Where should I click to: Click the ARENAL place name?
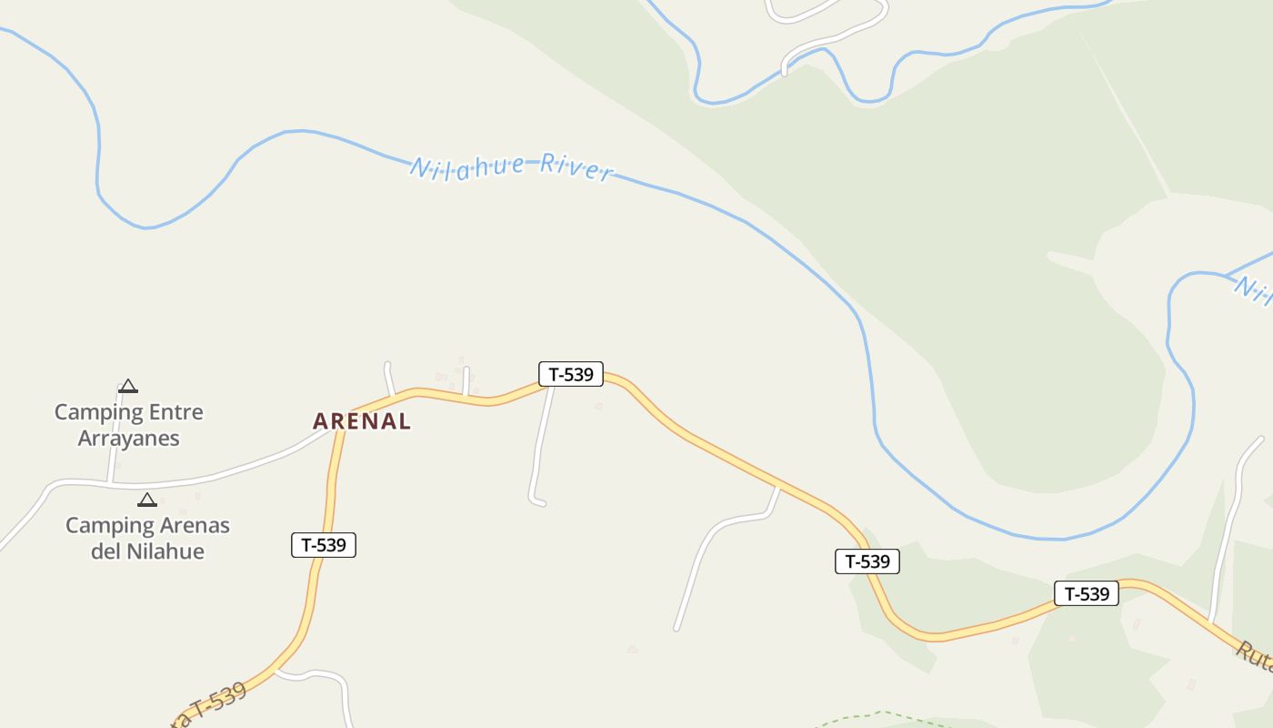pos(362,421)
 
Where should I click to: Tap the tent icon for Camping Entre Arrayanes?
pos(128,386)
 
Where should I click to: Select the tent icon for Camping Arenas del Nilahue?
pos(147,500)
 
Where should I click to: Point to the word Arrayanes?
pos(129,439)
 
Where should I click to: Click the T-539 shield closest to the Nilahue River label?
pos(571,374)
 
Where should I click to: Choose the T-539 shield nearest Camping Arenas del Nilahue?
pos(324,545)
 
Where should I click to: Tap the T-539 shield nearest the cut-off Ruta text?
pos(1087,594)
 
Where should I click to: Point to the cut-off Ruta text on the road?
pos(1255,657)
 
